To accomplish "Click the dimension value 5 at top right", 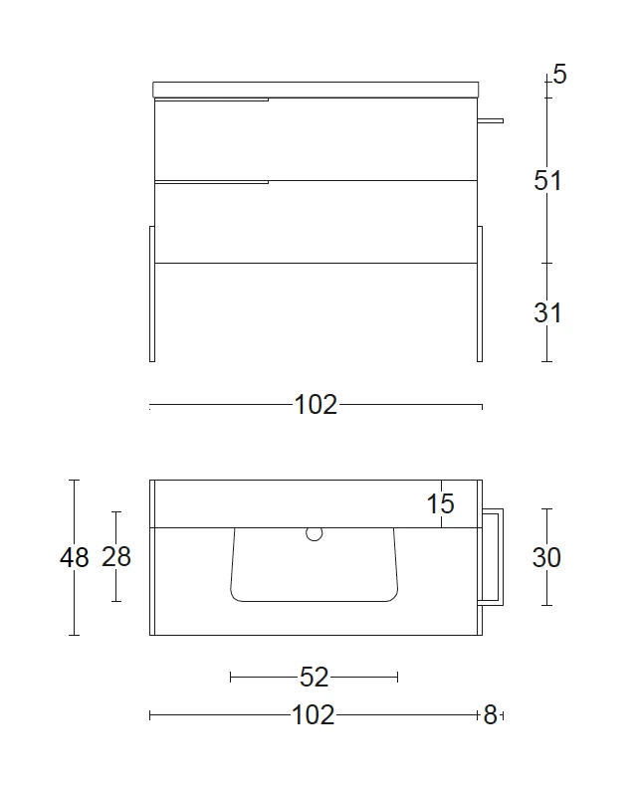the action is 559,75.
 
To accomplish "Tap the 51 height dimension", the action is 547,180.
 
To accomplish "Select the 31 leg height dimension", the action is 547,312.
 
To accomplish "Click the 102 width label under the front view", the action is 316,405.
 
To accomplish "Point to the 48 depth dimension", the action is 75,557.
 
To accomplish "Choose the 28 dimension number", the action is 116,556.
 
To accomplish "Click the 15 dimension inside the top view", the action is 440,503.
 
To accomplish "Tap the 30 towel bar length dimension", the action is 546,557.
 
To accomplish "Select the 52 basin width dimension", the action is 314,678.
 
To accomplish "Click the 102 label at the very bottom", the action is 313,715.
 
